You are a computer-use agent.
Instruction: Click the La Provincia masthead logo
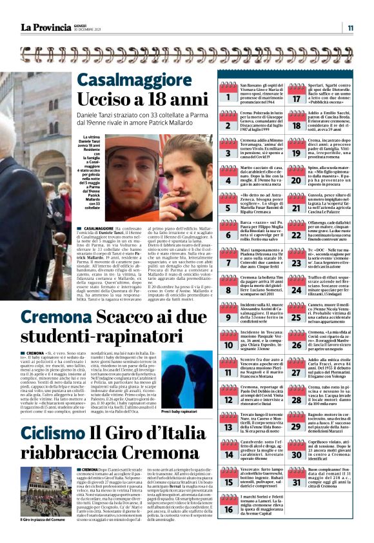coord(45,27)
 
